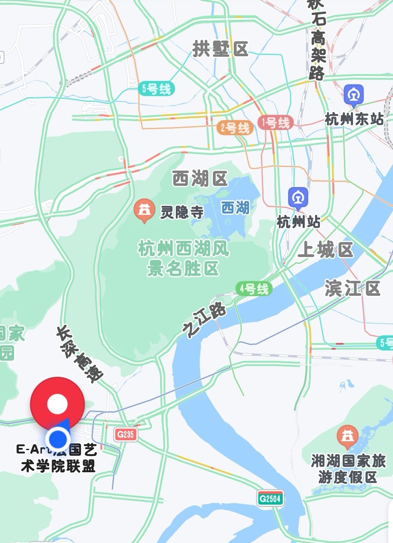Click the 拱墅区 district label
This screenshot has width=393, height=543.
pos(220,49)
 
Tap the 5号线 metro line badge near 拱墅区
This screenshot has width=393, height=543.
pos(156,89)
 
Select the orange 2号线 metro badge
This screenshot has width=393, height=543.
pos(233,128)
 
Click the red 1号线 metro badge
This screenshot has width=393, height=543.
pos(275,123)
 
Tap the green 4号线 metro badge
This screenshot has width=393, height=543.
pos(254,289)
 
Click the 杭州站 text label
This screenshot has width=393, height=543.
pos(298,222)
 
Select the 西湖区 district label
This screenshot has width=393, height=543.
pos(200,179)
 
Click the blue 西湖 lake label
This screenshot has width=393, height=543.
pos(235,208)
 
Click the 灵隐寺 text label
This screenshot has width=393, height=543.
pos(182,212)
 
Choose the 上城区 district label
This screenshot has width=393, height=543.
pos(326,250)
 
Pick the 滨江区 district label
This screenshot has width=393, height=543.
pos(352,289)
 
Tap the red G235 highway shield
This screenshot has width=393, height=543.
pos(126,435)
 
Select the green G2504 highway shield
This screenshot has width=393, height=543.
pos(270,498)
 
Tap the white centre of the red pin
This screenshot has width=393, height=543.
pos(57,403)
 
